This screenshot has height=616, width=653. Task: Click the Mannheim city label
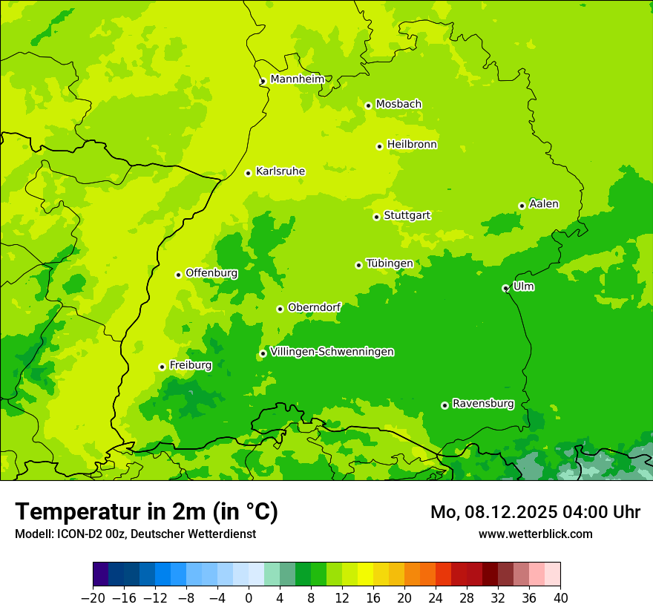[x=297, y=79]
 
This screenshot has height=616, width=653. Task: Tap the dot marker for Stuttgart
[x=376, y=217]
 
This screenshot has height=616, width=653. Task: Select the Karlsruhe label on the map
[x=280, y=171]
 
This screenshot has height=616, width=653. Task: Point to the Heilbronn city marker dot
[x=379, y=146]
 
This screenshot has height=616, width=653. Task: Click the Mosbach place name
[x=398, y=104]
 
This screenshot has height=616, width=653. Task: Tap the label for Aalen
[x=544, y=204]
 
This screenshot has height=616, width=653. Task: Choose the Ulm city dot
[x=505, y=288]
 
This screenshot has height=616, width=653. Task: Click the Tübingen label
[x=390, y=263]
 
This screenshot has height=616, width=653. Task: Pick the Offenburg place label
[x=211, y=273]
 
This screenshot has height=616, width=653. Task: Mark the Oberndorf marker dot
[x=280, y=309]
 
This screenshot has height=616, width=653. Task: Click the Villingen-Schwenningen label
[x=332, y=352]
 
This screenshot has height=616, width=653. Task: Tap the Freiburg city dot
[x=162, y=367]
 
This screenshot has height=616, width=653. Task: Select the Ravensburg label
[x=483, y=404]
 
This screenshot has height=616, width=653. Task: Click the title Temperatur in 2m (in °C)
[x=146, y=511]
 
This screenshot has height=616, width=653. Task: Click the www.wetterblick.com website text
[x=536, y=534]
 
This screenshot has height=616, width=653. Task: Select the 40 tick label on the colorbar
[x=560, y=598]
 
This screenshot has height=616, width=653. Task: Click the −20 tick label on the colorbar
[x=93, y=598]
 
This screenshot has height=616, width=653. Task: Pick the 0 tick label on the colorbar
[x=249, y=598]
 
